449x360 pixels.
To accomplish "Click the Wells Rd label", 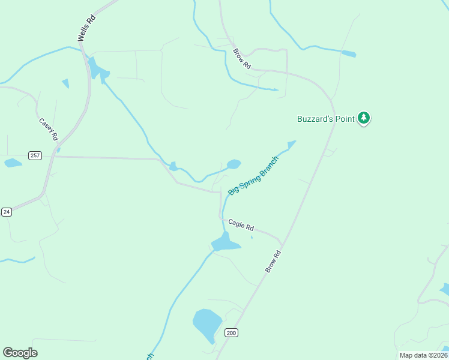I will pos(86,28).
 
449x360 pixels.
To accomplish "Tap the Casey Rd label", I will pos(49,130).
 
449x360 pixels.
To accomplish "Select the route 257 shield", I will pos(35,155).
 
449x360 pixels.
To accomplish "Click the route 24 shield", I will pos(6,212).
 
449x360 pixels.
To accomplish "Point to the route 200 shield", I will pos(231,332).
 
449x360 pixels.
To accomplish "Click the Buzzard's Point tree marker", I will pos(364,118).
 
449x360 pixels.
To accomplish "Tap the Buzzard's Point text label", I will pos(327,119).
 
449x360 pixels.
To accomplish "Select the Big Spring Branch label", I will pos(253,175).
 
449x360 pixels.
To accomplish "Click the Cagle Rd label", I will pos(241,225).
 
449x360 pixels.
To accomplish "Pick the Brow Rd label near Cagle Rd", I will pos(273,262).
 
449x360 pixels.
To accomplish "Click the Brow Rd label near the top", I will pos(241,59).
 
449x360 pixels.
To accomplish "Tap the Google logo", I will pos(20,353).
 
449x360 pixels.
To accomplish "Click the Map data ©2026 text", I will pos(423,355).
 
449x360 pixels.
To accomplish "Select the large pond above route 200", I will pos(206,325).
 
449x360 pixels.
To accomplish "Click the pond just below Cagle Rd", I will pos(225,243).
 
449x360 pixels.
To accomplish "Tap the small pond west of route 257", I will pos(13,163).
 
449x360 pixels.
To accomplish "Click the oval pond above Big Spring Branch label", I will pos(234,164).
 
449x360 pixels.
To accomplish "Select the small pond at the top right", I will pos(348,54).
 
